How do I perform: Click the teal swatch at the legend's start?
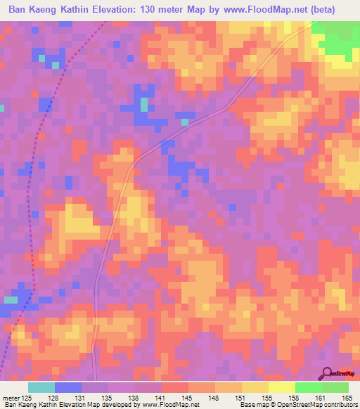(x=41, y=387)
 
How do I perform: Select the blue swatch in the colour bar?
(x=68, y=387)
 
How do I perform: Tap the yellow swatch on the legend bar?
(x=281, y=387)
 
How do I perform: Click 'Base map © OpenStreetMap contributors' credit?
(x=298, y=405)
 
